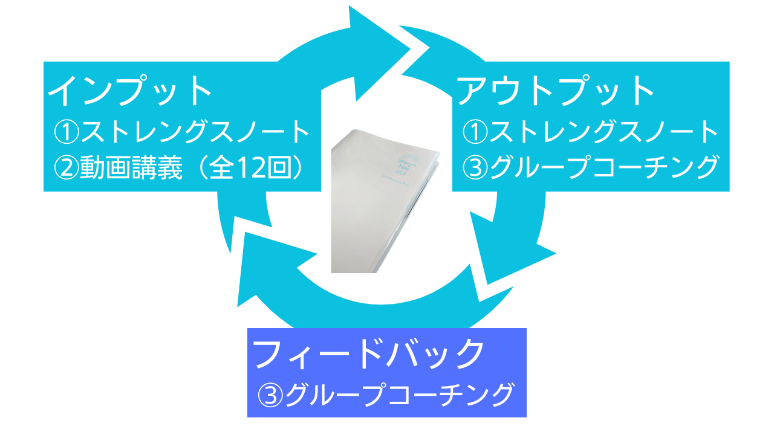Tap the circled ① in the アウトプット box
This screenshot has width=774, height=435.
click(475, 132)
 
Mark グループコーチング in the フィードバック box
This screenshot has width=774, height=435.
click(399, 396)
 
